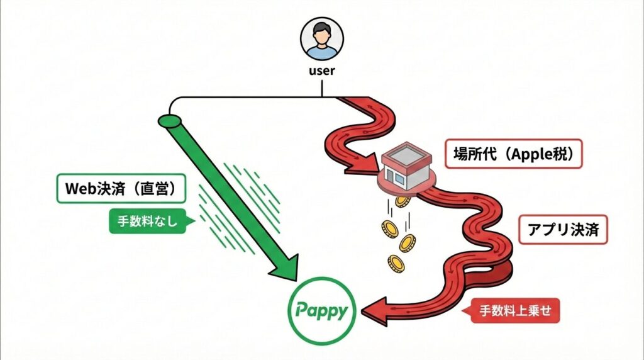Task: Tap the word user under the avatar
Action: tap(321, 70)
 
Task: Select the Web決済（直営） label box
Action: tap(121, 188)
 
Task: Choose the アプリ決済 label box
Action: tap(563, 230)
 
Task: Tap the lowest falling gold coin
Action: tap(396, 263)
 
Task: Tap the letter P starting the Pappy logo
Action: tap(302, 310)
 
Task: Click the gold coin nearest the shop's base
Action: tap(402, 201)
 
